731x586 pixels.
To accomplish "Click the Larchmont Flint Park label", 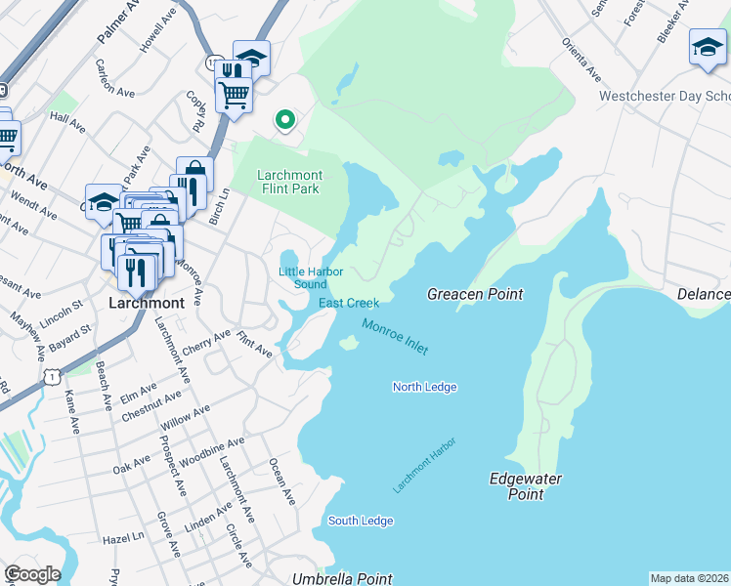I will (x=289, y=182).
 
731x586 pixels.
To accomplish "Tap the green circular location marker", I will (x=285, y=120).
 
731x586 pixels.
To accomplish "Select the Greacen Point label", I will (x=475, y=294).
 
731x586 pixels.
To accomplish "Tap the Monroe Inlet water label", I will (x=394, y=337).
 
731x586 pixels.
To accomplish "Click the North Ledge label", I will (x=424, y=388).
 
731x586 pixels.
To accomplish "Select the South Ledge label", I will (x=360, y=521).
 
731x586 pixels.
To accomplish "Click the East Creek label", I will (x=348, y=303).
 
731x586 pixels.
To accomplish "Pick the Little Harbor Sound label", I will (x=302, y=277).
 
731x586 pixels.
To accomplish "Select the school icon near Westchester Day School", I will (x=707, y=47).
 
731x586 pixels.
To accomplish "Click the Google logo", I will (x=31, y=574).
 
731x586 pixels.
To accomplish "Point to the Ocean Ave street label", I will (x=281, y=481).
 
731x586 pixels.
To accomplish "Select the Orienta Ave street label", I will (x=580, y=60).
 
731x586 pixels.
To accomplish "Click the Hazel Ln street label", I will (x=123, y=537).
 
